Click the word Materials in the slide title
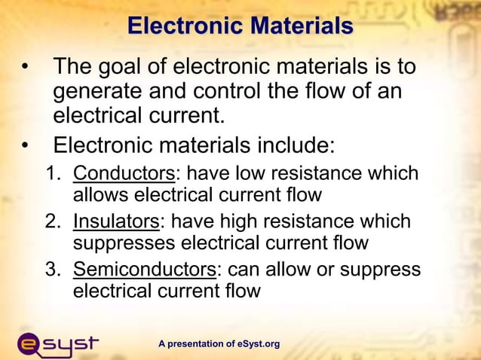coord(302,26)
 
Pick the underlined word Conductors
coord(124,173)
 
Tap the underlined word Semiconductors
coord(144,270)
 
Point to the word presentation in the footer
coord(195,344)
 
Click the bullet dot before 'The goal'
coord(26,68)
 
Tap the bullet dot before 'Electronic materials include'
coord(26,143)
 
